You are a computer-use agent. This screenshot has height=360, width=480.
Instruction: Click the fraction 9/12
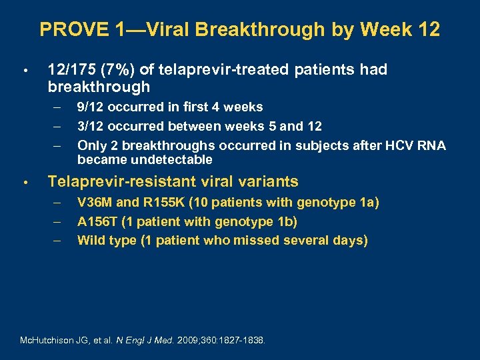91,107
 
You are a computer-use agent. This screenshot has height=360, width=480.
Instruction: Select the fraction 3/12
91,127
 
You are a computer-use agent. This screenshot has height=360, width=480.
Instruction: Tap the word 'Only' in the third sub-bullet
91,146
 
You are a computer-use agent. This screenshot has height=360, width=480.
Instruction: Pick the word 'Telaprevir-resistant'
114,182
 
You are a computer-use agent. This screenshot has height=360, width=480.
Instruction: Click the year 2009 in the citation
188,340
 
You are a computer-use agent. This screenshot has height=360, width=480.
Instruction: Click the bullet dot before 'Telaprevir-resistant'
24,183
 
